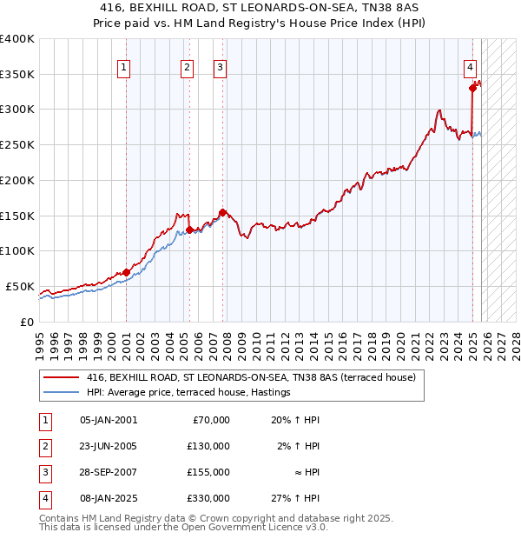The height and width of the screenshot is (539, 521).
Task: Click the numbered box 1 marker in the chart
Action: click(124, 67)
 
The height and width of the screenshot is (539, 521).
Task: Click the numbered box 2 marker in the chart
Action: click(188, 67)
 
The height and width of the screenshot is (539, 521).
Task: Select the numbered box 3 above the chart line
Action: click(221, 67)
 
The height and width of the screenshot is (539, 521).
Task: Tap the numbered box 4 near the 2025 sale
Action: click(470, 67)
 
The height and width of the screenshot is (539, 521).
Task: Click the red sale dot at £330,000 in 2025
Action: click(472, 87)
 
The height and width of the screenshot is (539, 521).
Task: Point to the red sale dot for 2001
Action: click(126, 272)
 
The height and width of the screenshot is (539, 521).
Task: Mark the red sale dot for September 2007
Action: click(223, 211)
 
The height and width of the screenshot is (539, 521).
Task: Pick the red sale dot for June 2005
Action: click(189, 230)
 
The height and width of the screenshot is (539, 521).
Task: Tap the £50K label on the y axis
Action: click(21, 286)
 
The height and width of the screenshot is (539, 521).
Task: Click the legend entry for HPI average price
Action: click(188, 393)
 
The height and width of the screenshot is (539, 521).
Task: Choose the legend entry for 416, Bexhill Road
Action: click(251, 378)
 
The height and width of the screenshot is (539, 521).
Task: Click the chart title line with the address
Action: click(260, 7)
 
